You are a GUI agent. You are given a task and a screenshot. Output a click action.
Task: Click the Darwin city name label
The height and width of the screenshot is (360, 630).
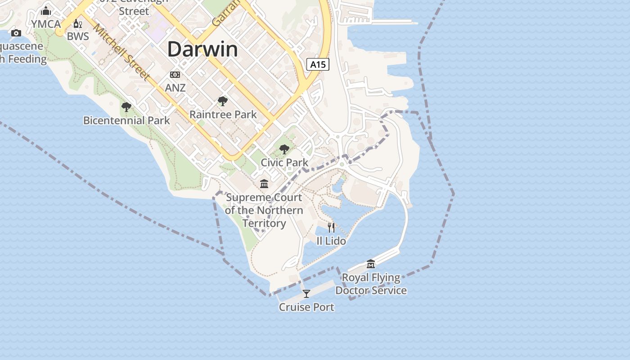(202, 49)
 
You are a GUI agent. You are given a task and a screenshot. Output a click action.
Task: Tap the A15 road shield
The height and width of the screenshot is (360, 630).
(318, 64)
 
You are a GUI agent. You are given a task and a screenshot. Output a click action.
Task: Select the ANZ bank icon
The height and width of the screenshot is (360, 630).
(175, 75)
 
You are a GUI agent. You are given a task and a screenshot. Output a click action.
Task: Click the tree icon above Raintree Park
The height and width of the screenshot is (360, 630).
(222, 101)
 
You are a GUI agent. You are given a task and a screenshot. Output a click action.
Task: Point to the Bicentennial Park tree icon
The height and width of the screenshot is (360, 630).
(126, 107)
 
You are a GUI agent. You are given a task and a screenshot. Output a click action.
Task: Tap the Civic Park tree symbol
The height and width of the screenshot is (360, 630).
(284, 149)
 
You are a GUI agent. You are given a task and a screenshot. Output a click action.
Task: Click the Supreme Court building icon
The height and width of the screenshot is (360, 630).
(264, 184)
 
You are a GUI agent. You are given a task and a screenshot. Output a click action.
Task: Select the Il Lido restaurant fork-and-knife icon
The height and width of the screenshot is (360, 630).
(331, 227)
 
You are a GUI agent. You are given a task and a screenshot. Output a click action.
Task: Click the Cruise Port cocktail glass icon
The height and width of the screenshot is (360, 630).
(306, 294)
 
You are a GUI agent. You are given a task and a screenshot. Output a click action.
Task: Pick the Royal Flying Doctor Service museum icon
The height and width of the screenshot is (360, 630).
(371, 264)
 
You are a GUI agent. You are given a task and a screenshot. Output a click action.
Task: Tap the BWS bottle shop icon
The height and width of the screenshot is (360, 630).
(78, 24)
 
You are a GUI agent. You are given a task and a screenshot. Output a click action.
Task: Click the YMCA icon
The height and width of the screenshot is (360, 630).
(46, 11)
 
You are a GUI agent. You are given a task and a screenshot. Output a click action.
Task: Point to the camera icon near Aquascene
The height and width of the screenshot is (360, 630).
(16, 33)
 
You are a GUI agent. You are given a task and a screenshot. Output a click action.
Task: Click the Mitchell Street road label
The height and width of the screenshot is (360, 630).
(121, 52)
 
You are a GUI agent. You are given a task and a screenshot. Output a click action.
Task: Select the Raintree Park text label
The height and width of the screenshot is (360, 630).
(223, 115)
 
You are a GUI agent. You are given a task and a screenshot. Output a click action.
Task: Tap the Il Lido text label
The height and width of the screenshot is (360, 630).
(331, 241)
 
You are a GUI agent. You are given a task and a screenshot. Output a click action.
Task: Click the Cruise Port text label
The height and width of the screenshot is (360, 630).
(306, 307)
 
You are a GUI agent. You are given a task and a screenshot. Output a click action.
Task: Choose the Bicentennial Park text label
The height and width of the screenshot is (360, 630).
(127, 121)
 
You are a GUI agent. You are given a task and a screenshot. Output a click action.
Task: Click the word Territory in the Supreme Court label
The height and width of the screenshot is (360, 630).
(264, 223)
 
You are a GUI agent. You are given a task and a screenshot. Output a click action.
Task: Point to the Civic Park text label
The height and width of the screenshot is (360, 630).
(285, 162)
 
